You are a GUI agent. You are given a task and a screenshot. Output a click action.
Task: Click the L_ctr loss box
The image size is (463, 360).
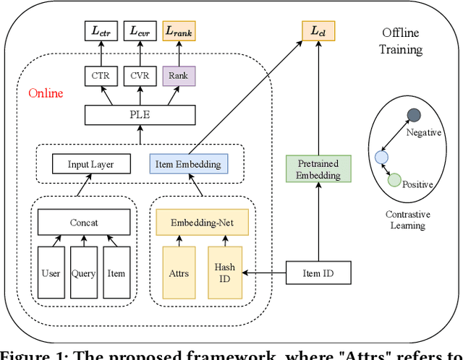101,30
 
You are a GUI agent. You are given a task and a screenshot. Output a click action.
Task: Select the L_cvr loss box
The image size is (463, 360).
140,30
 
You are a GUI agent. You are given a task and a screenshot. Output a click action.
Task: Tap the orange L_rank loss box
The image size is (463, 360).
178,30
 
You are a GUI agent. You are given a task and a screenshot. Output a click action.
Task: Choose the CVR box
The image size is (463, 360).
140,75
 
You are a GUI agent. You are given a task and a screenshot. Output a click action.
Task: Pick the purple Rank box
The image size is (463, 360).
178,75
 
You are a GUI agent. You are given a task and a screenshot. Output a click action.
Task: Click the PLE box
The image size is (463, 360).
139,114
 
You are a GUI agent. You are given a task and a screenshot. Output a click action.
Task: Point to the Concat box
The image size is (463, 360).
85,223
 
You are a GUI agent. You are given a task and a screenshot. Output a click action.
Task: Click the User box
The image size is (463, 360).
51,273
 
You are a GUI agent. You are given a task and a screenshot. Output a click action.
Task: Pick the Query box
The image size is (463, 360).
84,273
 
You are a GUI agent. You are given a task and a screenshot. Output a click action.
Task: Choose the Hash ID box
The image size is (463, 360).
224,273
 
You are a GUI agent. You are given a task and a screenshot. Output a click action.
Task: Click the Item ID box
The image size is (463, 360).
318,273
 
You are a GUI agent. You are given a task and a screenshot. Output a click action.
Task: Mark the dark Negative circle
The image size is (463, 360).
413,115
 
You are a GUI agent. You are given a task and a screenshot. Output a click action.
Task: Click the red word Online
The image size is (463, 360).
46,93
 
